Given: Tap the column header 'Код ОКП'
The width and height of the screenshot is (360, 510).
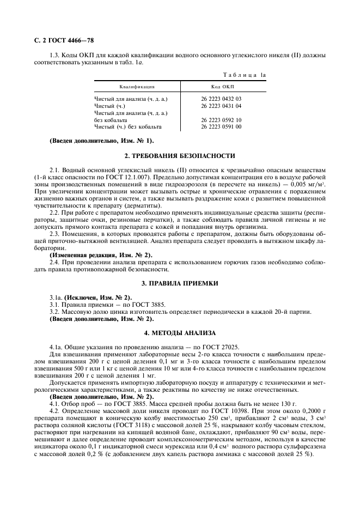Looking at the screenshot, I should coord(223,87).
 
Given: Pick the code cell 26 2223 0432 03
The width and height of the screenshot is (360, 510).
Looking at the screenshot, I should coord(221,99).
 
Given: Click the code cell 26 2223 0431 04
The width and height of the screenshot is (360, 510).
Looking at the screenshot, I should coord(221,106).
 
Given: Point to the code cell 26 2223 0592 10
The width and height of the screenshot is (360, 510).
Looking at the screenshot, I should coord(221,120).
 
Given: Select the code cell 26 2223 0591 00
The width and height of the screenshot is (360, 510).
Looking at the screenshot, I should coord(221,127).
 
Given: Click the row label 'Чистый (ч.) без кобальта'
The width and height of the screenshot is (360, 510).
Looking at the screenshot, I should coord(128,127).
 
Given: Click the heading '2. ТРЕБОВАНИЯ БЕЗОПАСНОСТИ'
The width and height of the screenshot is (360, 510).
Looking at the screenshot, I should coord(180,156).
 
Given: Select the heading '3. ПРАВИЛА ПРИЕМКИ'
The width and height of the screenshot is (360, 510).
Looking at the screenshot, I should coord(180,284).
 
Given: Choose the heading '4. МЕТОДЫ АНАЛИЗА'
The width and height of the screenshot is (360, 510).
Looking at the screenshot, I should coord(180,332).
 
